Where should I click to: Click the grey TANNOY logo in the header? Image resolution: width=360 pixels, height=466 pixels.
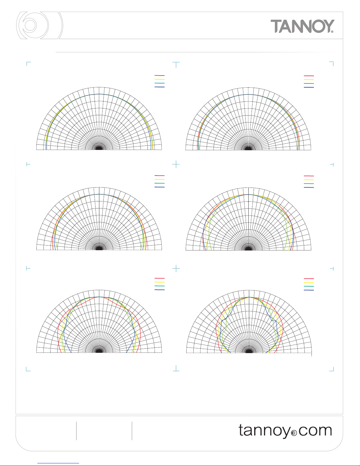tap(302, 26)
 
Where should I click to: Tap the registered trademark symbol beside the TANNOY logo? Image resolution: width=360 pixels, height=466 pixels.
tap(332, 31)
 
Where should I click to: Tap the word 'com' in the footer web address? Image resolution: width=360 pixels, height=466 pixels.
tap(315, 431)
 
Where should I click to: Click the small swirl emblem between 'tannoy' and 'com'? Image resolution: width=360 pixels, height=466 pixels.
tap(294, 433)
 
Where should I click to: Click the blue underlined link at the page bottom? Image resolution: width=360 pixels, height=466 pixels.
tap(58, 463)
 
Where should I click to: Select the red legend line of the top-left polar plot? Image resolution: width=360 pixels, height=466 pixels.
tap(159, 76)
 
